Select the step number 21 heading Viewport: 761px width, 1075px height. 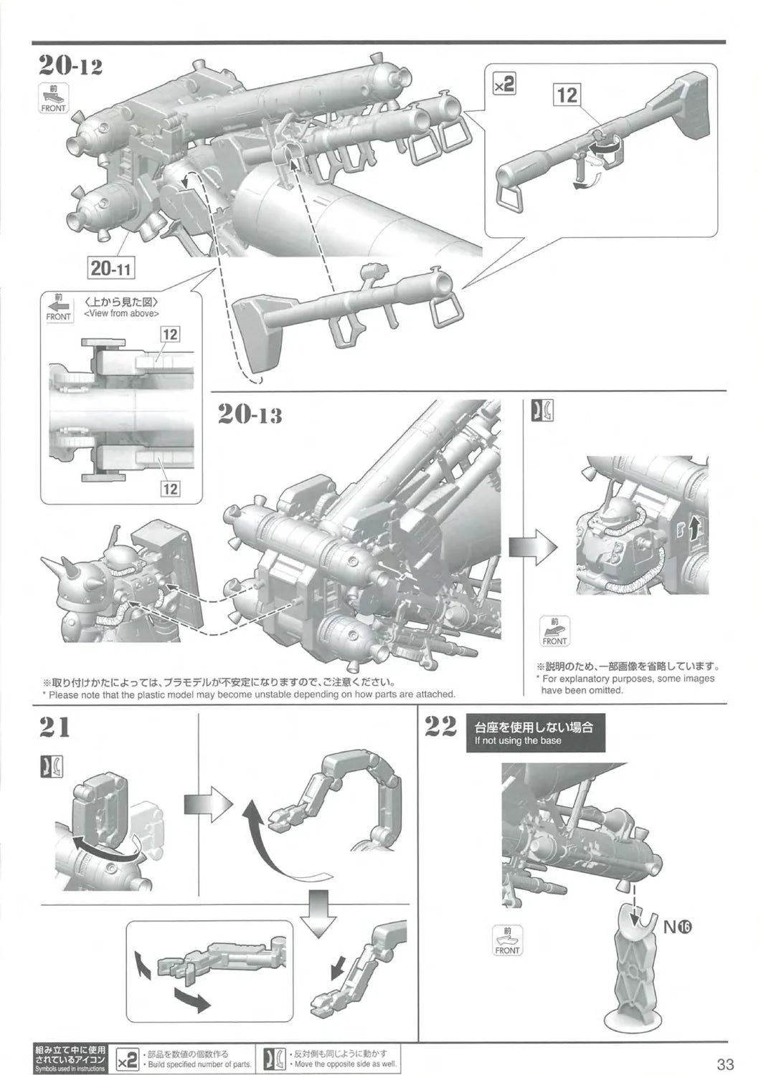coord(55,727)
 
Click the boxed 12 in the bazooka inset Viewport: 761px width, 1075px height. coord(567,95)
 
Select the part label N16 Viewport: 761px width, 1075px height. coord(676,927)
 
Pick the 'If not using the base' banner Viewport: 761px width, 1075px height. coord(535,732)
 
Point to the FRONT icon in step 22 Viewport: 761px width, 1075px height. coord(507,940)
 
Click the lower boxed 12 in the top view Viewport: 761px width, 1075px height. coord(170,489)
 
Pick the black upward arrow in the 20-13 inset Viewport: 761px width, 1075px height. coord(693,530)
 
